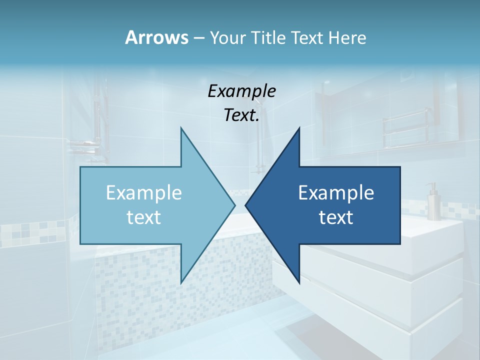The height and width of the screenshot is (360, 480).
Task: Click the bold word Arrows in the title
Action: (x=156, y=37)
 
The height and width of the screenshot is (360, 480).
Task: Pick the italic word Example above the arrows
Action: (x=242, y=91)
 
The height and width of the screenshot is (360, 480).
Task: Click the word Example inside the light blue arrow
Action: (x=144, y=193)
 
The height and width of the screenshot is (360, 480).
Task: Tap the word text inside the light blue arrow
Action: (x=144, y=217)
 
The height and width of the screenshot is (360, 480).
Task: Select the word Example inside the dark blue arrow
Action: (x=336, y=193)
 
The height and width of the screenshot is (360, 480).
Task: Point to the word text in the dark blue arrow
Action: (x=336, y=217)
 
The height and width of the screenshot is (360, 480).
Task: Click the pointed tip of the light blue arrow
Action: (x=234, y=205)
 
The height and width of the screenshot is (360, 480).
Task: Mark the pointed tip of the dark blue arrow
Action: (x=246, y=205)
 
